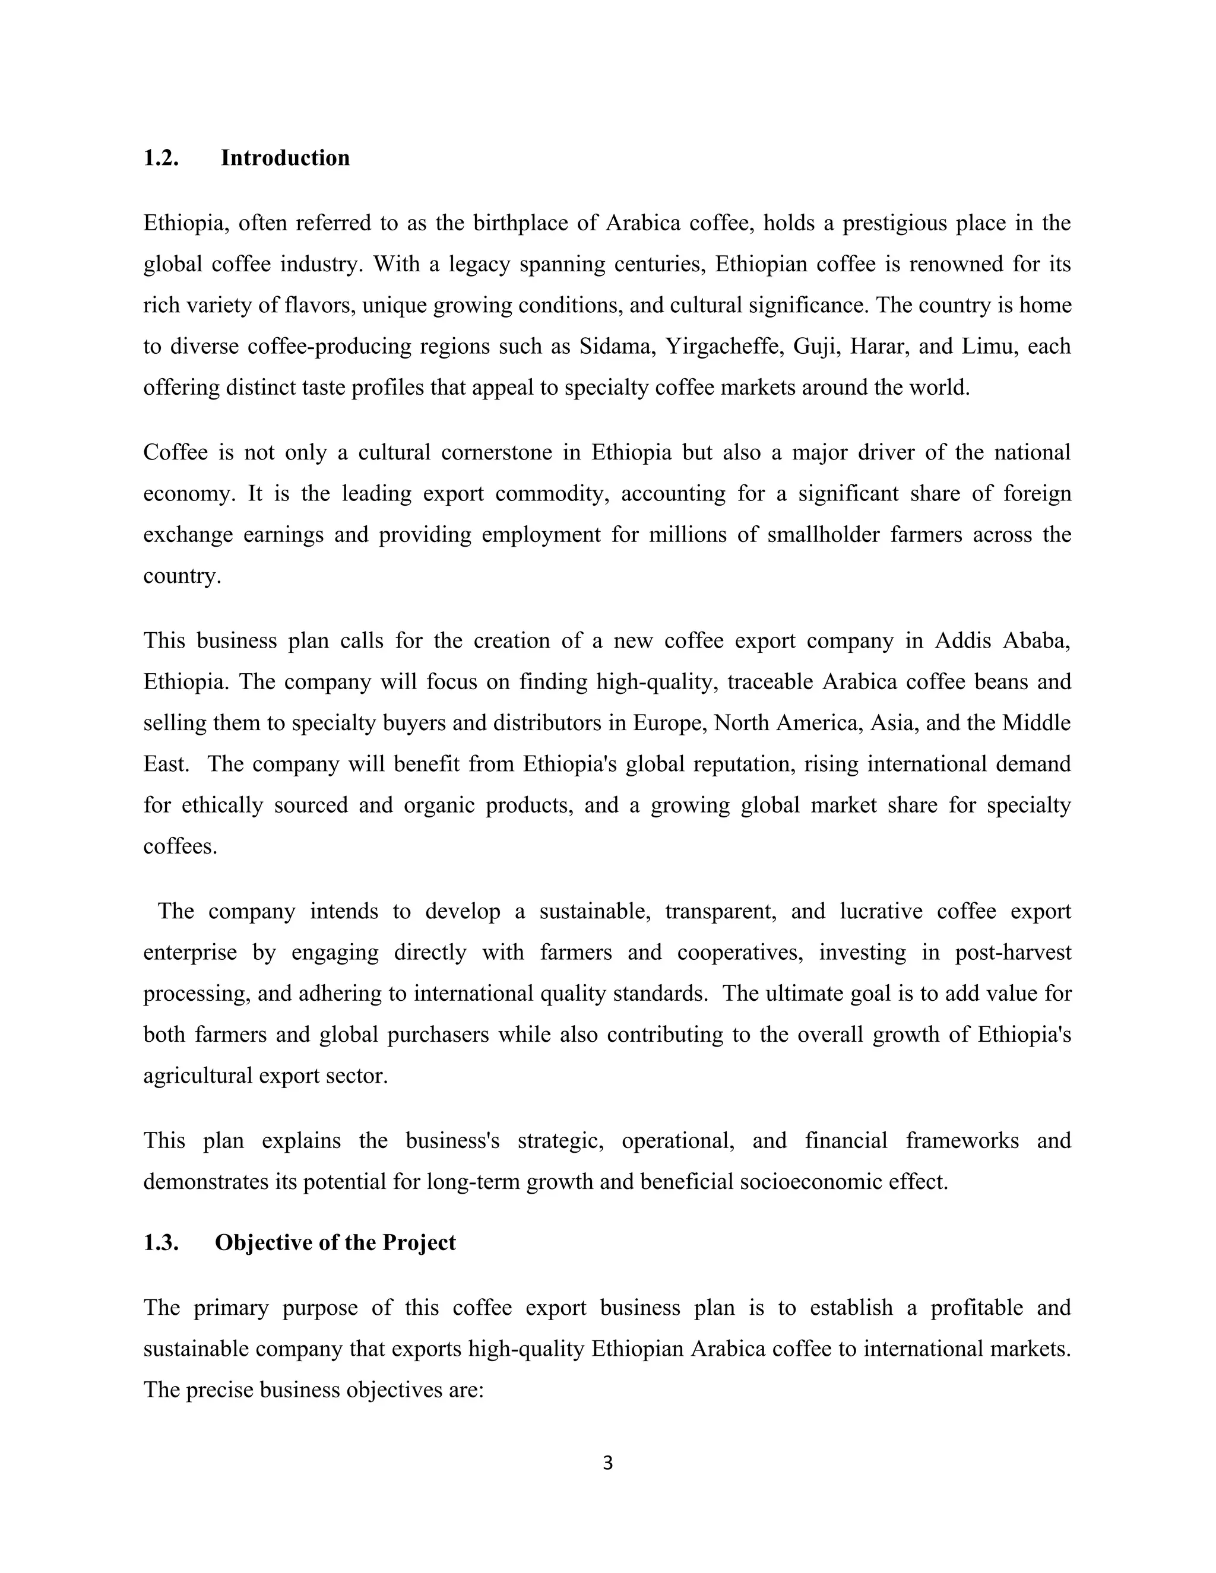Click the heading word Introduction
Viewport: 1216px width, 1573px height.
click(284, 158)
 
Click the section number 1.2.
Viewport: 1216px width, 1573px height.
click(161, 158)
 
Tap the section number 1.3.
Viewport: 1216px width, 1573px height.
click(161, 1242)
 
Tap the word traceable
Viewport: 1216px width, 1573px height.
click(769, 681)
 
